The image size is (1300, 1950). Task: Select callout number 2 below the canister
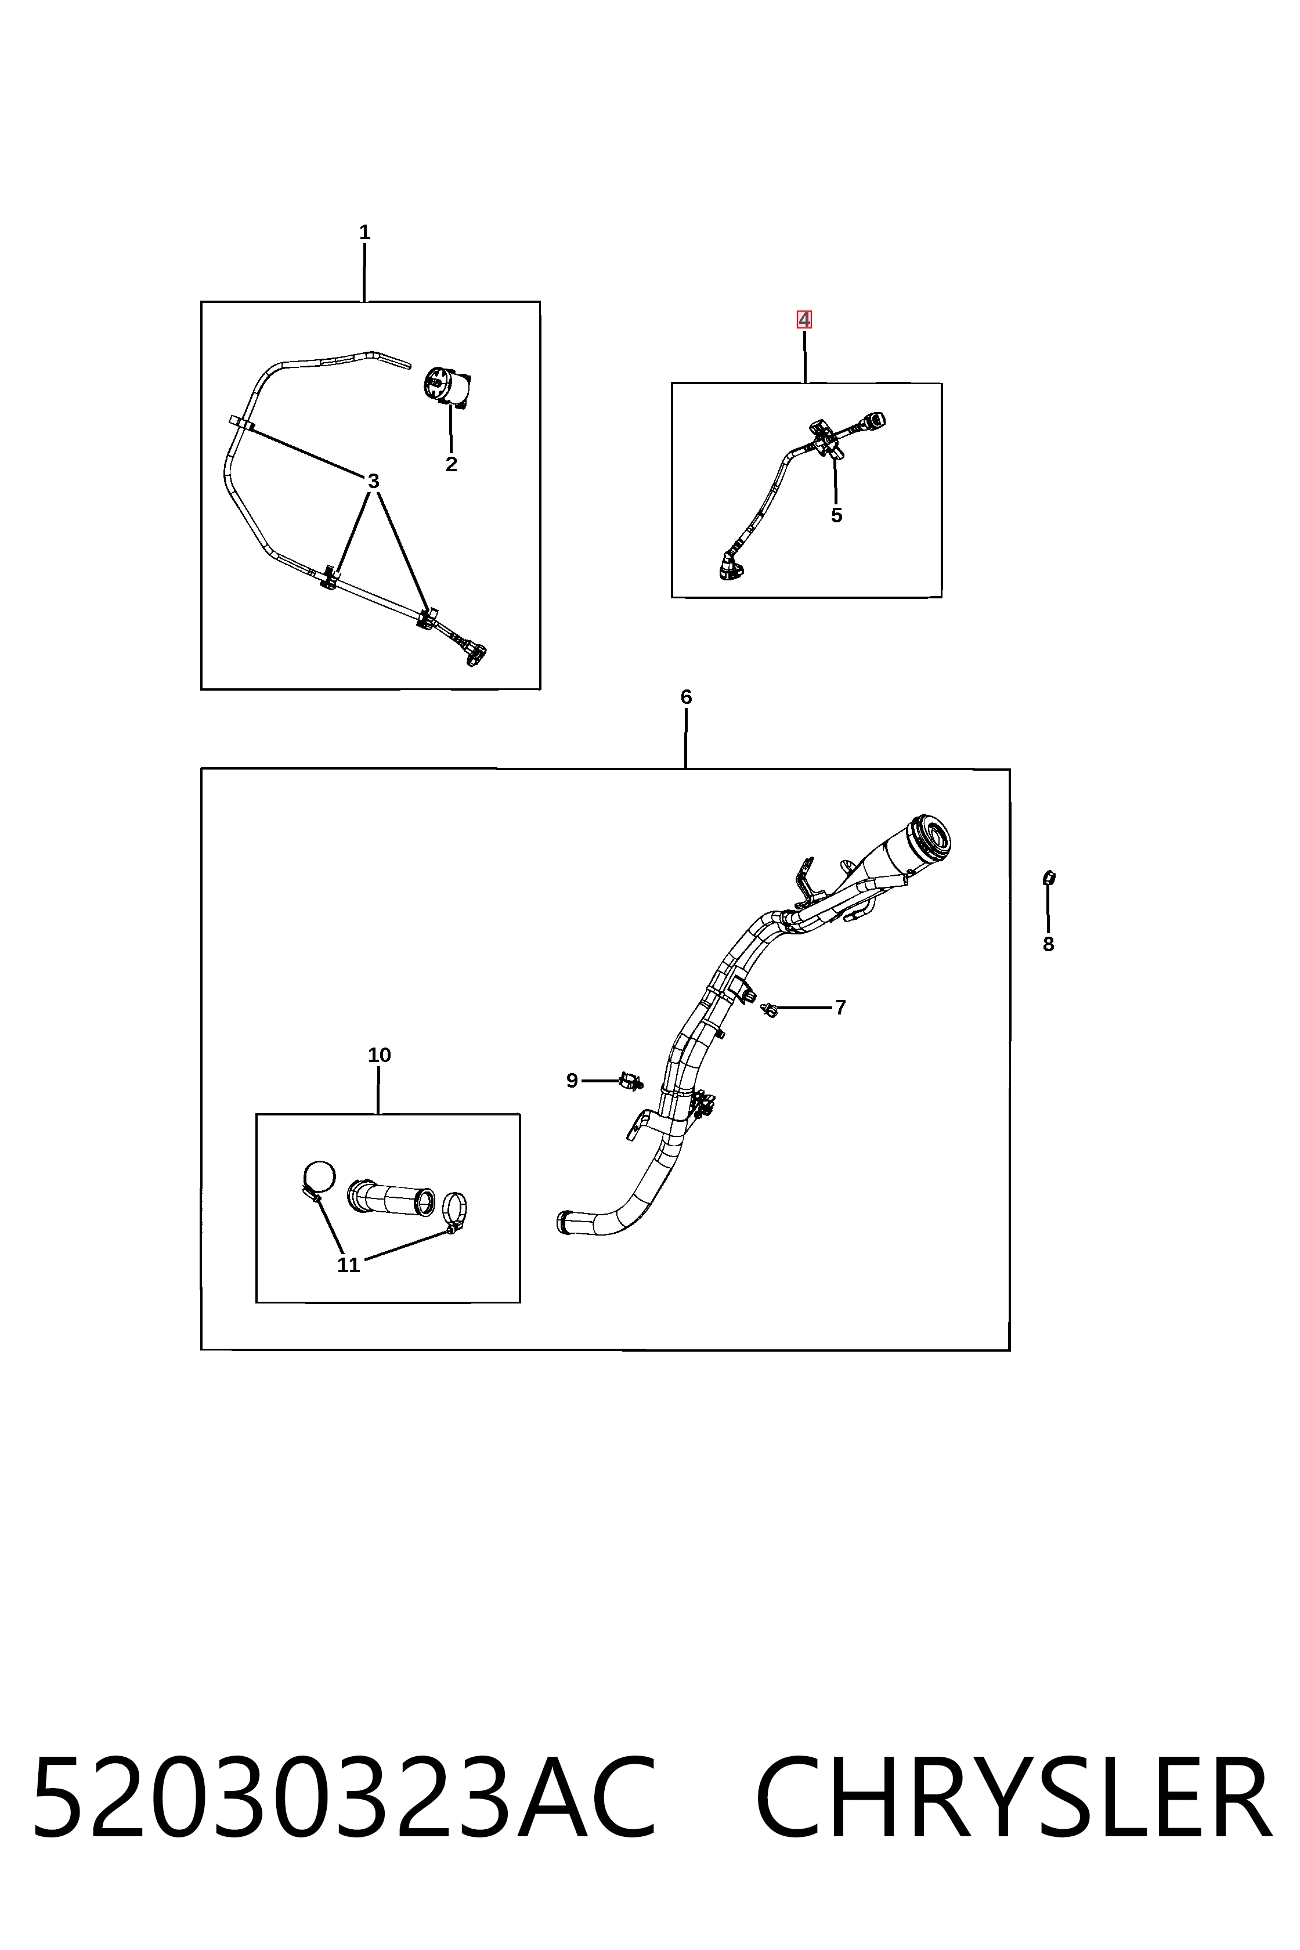click(x=451, y=464)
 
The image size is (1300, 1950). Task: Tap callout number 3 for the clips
click(x=373, y=481)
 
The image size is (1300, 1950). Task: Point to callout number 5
click(x=836, y=515)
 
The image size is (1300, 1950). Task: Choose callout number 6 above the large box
click(x=685, y=697)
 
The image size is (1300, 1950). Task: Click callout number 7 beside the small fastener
click(x=841, y=1008)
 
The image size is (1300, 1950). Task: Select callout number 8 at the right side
click(x=1048, y=944)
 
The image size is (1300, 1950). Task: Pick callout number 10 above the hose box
click(x=379, y=1056)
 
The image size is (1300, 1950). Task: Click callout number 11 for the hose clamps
click(x=348, y=1265)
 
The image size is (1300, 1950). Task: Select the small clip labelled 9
click(x=631, y=1081)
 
